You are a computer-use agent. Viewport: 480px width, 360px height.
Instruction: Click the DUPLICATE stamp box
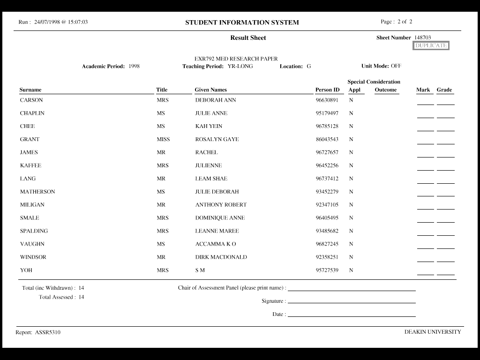pos(431,45)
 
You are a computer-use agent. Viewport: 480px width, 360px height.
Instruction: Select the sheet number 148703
pos(422,37)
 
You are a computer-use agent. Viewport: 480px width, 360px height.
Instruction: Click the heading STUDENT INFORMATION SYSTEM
pos(242,22)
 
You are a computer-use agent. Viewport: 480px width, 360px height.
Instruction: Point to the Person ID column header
pos(327,90)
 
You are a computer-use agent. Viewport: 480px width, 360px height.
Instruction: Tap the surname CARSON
pos(31,100)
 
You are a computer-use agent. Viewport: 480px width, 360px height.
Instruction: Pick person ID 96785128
pos(327,126)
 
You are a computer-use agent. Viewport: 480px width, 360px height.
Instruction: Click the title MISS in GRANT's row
pos(163,139)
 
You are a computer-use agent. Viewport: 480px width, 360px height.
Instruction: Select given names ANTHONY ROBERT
pos(221,205)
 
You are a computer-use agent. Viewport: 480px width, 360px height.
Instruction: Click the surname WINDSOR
pos(33,257)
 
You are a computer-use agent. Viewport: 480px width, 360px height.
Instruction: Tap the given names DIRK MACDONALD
pos(221,257)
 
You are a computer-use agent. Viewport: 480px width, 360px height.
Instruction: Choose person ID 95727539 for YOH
pos(327,270)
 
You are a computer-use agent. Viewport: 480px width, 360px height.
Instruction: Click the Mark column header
pos(423,90)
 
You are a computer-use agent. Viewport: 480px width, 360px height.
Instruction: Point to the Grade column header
pos(444,90)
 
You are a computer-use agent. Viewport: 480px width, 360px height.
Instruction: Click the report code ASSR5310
pos(48,332)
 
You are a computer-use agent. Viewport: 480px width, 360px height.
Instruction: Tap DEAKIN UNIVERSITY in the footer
pos(433,332)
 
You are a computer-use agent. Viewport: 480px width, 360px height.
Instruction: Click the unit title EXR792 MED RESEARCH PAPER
pos(236,59)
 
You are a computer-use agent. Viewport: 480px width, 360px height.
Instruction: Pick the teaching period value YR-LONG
pos(240,66)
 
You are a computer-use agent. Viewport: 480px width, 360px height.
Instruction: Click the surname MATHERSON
pos(37,192)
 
